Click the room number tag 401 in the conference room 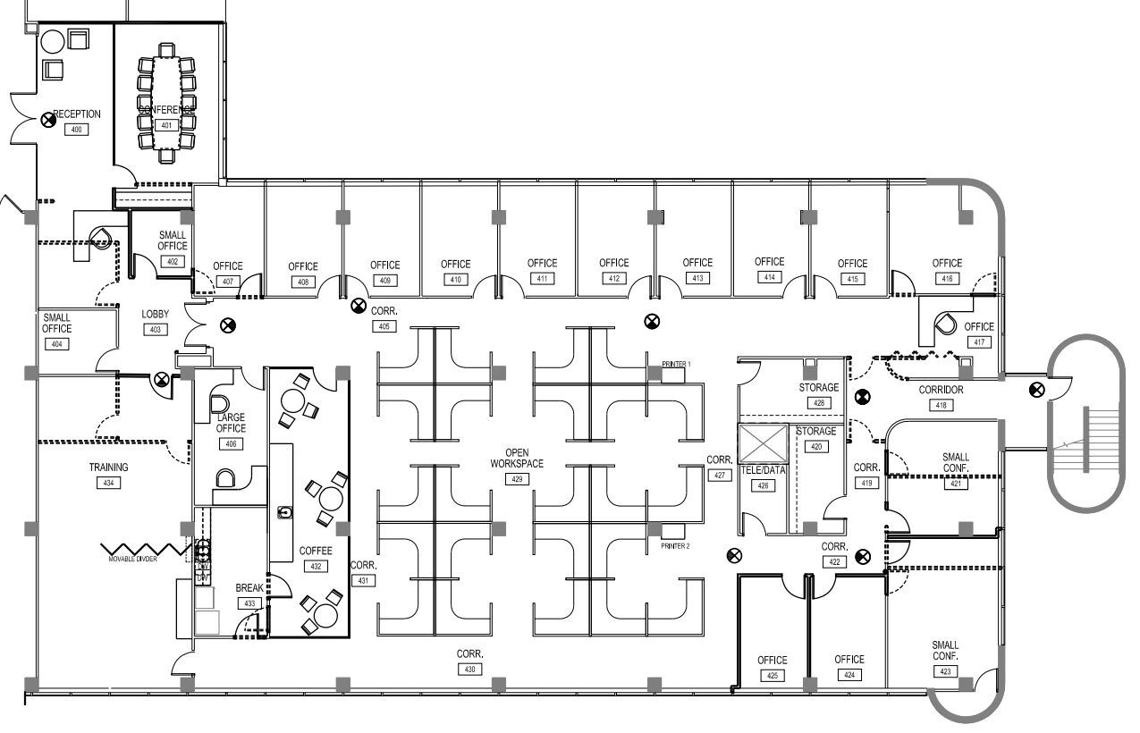coord(165,125)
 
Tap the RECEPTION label coord(77,114)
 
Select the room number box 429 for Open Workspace coord(516,479)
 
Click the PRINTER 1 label coord(676,365)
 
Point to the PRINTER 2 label coord(676,545)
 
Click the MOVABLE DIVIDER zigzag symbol coord(139,547)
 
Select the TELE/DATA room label coord(763,470)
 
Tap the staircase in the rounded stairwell coord(1085,439)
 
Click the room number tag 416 coord(947,279)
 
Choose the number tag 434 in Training coord(108,483)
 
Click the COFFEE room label coord(316,551)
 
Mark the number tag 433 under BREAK coord(249,603)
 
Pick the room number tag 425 coord(773,676)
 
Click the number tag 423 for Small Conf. coord(945,672)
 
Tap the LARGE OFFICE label coord(231,423)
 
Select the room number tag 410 coord(455,280)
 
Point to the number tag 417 coord(979,342)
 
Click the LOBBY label coord(155,315)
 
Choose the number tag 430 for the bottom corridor coord(470,669)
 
